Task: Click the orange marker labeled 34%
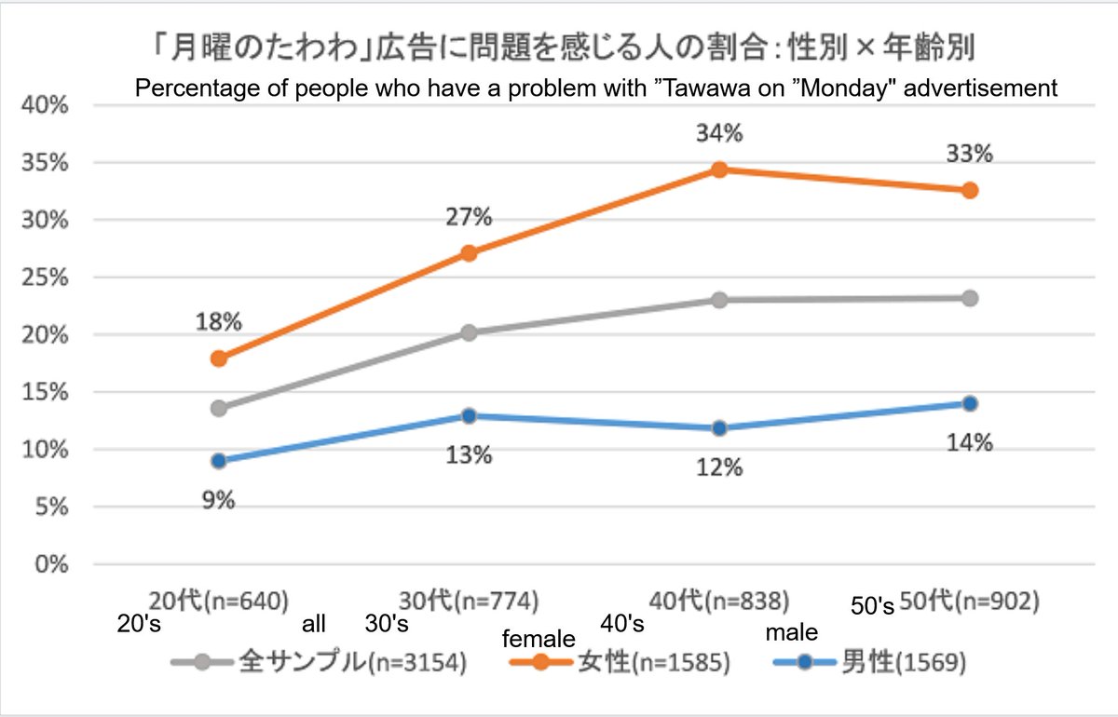click(x=719, y=169)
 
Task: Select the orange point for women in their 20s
click(x=219, y=358)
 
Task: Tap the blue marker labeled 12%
click(x=719, y=428)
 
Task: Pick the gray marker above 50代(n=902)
click(x=970, y=298)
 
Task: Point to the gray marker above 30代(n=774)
click(x=470, y=332)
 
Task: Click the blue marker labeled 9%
click(x=219, y=461)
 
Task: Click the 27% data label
click(x=469, y=217)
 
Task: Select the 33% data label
click(x=970, y=154)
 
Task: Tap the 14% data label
click(x=970, y=442)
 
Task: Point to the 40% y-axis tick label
click(x=45, y=105)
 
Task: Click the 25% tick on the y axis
click(x=45, y=277)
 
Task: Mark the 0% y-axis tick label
click(x=51, y=564)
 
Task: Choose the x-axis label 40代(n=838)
click(x=719, y=602)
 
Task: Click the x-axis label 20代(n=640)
click(x=219, y=602)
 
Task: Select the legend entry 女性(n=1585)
click(x=620, y=663)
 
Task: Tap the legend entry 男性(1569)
click(x=870, y=663)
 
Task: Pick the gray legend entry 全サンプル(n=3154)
click(x=319, y=663)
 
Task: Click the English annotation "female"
click(x=539, y=639)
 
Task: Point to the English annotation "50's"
click(x=872, y=606)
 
